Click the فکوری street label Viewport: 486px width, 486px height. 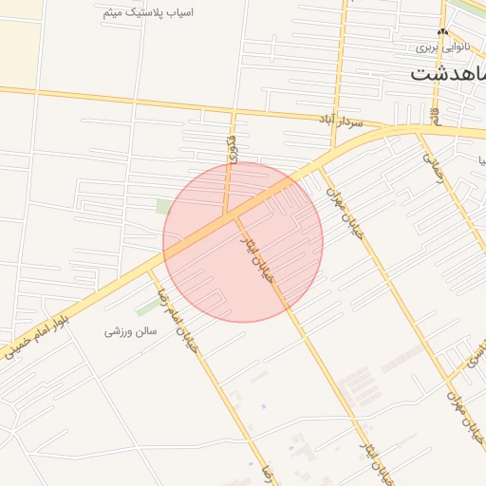click(x=232, y=148)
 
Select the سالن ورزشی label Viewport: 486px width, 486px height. click(x=129, y=332)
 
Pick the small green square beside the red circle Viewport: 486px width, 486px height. click(x=164, y=206)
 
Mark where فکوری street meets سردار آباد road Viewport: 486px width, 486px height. click(x=231, y=114)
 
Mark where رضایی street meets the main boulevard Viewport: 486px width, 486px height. click(x=420, y=130)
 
